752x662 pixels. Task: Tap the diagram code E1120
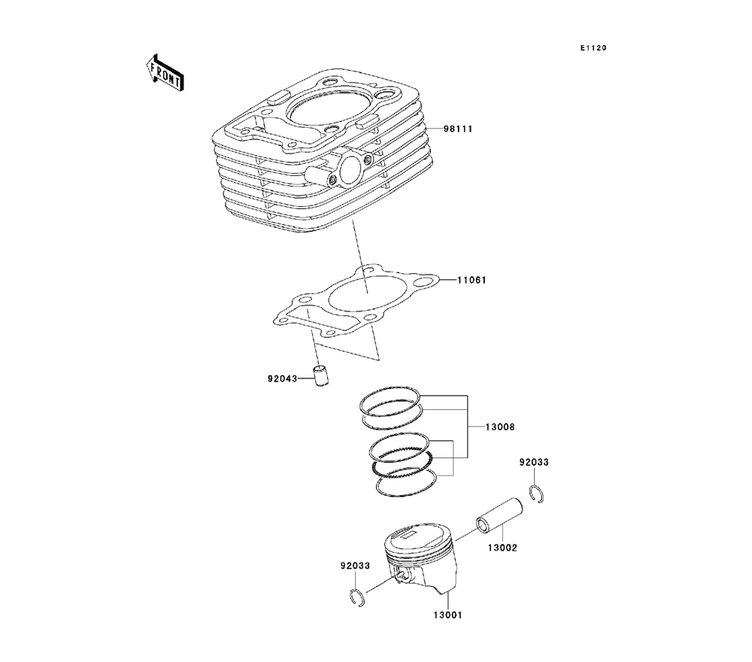592,48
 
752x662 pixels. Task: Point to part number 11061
472,281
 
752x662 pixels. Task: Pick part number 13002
503,548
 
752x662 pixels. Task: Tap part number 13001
446,615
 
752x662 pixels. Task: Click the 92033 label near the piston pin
534,462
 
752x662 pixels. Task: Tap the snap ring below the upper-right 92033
537,494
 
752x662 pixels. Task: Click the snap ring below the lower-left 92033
359,598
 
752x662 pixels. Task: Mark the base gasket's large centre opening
363,301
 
